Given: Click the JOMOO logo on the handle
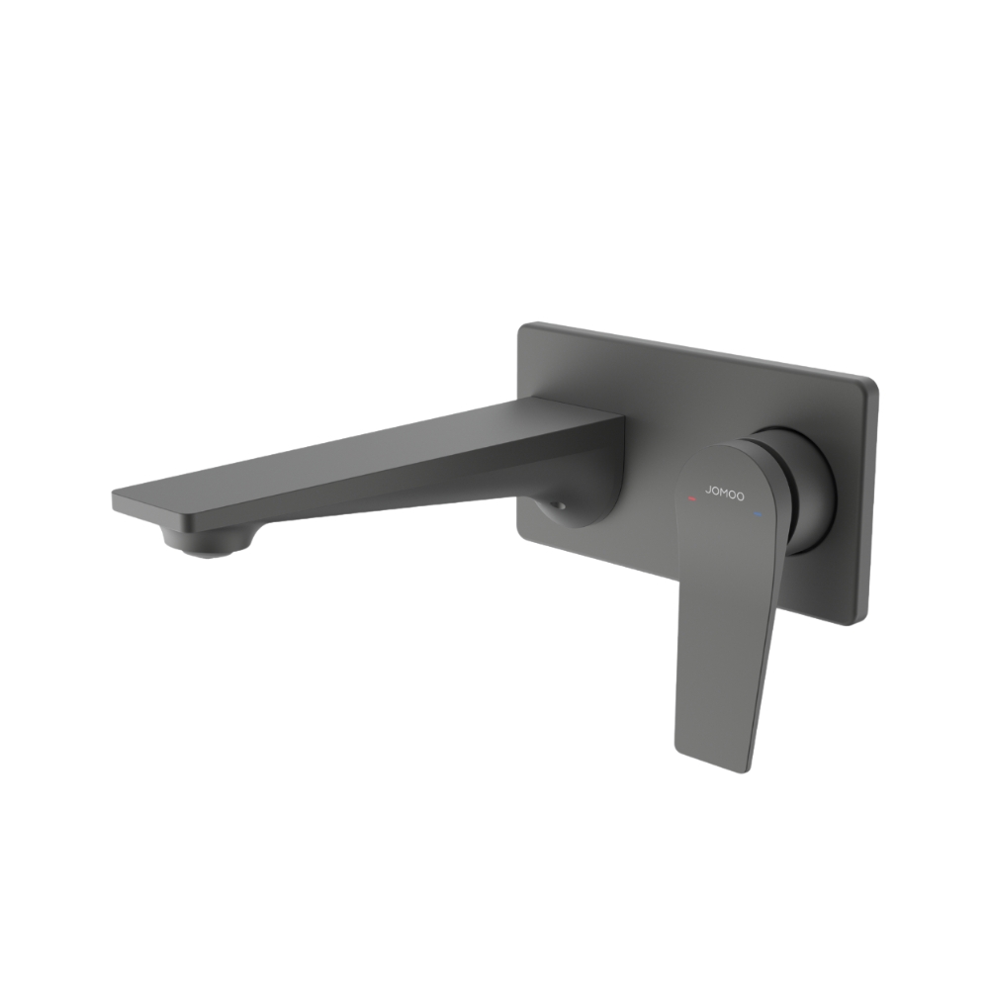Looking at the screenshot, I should coord(725,492).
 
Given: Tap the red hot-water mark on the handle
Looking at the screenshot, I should coord(690,500).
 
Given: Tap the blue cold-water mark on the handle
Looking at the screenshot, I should coord(759,514).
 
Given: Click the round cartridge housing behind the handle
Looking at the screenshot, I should coord(806,485).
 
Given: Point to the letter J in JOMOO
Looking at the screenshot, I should coord(707,489).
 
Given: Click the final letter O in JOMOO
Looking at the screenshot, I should coord(742,495).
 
